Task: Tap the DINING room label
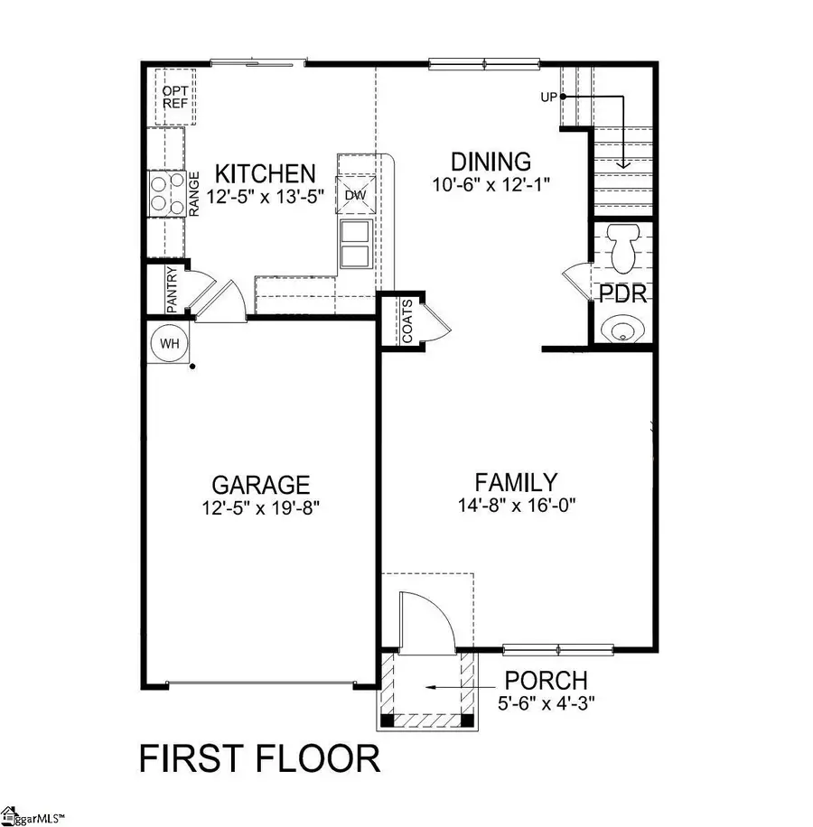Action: click(491, 163)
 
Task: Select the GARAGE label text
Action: click(261, 486)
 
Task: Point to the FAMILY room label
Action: click(516, 482)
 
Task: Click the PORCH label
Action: click(546, 680)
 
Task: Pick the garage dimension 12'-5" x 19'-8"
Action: click(261, 508)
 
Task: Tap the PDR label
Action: click(621, 294)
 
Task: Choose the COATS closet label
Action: click(407, 322)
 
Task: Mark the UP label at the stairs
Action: click(548, 96)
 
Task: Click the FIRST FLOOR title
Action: click(259, 759)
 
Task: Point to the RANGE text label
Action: click(193, 193)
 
